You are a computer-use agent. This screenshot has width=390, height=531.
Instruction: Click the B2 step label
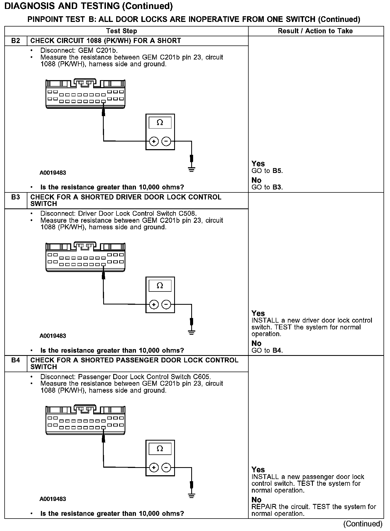click(x=16, y=41)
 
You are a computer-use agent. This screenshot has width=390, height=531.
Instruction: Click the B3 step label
click(x=16, y=197)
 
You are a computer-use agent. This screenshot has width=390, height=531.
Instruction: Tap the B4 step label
click(x=16, y=360)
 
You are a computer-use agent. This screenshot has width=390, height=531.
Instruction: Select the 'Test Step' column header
click(x=122, y=31)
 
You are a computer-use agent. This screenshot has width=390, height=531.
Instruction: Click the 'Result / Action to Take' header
click(x=315, y=31)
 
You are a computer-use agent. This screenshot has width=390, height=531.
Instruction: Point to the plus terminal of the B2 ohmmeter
click(x=154, y=141)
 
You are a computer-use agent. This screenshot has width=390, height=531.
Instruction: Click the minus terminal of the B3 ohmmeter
click(x=166, y=304)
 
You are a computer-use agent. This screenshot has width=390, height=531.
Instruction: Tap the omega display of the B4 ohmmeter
click(x=160, y=449)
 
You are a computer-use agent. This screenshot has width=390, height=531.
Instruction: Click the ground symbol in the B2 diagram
click(x=191, y=170)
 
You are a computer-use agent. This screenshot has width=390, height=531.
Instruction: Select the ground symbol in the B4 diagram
click(x=191, y=496)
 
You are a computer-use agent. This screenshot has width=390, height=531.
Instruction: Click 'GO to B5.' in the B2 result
click(x=267, y=171)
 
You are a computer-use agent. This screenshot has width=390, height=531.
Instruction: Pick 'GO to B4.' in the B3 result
click(x=267, y=350)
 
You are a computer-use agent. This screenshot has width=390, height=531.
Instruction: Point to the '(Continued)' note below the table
click(x=363, y=524)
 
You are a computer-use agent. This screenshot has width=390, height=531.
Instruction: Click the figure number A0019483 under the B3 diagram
click(x=53, y=336)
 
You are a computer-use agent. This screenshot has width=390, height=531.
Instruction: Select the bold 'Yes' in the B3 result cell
click(x=258, y=313)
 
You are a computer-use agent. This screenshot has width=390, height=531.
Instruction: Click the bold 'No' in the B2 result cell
click(x=256, y=180)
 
